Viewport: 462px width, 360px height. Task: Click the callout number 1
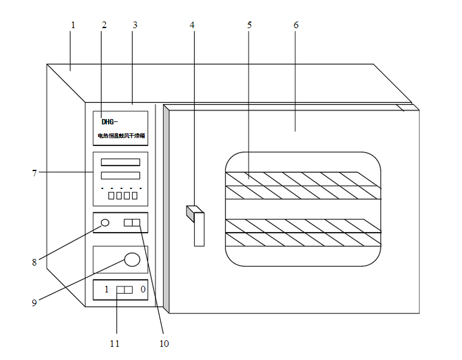tap(73, 25)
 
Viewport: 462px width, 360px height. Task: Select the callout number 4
tap(192, 25)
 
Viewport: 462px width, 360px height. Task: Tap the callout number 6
tap(296, 25)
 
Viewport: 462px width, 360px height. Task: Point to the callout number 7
tap(35, 173)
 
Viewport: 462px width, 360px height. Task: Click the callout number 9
tap(34, 302)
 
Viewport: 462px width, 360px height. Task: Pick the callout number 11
tap(115, 343)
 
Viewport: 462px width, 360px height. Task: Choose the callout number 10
tap(164, 343)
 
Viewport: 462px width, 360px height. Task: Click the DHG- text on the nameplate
tap(109, 121)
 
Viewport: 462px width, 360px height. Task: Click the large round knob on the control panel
tap(131, 259)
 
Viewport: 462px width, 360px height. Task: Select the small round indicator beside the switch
tap(105, 223)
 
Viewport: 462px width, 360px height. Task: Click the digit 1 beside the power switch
tap(106, 289)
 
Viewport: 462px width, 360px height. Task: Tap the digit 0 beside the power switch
tap(143, 289)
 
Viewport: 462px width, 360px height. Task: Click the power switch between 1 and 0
tap(124, 290)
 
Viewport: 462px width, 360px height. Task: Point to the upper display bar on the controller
tap(120, 162)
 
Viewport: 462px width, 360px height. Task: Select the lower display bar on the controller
tap(120, 175)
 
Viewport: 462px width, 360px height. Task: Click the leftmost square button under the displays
tap(111, 196)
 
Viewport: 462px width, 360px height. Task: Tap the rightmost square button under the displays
tap(134, 196)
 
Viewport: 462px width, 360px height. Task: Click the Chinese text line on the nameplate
tap(121, 136)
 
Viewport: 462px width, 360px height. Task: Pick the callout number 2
tap(104, 25)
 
